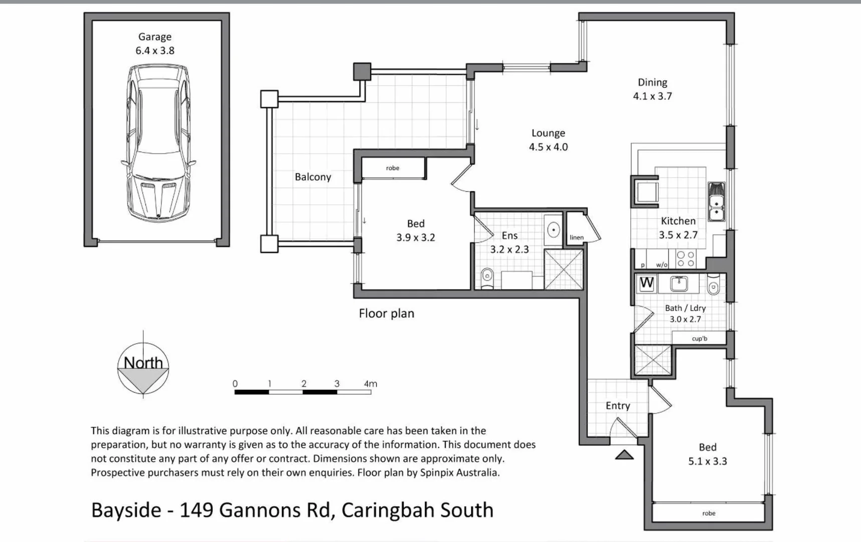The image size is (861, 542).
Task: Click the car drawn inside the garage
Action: click(x=157, y=143)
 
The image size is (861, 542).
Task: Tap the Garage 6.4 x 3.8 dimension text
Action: click(x=155, y=50)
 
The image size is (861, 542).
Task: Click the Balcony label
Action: click(x=313, y=177)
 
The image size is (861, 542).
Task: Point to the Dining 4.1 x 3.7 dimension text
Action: click(x=652, y=96)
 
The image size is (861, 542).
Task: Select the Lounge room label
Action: click(x=548, y=133)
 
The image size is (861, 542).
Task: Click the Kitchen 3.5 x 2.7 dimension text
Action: click(x=678, y=234)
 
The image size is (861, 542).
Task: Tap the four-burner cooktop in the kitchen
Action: click(x=685, y=259)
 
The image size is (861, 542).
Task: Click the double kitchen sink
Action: click(x=716, y=202)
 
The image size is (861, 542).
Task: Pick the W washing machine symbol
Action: click(x=647, y=283)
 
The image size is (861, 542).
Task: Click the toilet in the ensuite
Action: click(x=487, y=278)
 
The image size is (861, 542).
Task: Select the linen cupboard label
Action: click(x=577, y=237)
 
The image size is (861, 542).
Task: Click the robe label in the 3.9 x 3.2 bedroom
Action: click(x=393, y=168)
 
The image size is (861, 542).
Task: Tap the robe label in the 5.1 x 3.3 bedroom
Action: click(x=709, y=513)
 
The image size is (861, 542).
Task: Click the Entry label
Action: click(x=618, y=405)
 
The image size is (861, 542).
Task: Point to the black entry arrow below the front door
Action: click(x=624, y=455)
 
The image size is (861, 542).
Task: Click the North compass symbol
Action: click(x=143, y=369)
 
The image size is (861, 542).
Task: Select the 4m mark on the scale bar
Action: click(x=370, y=384)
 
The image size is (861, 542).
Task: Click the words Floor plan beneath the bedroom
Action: click(x=386, y=314)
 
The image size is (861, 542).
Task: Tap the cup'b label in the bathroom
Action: click(x=700, y=338)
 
